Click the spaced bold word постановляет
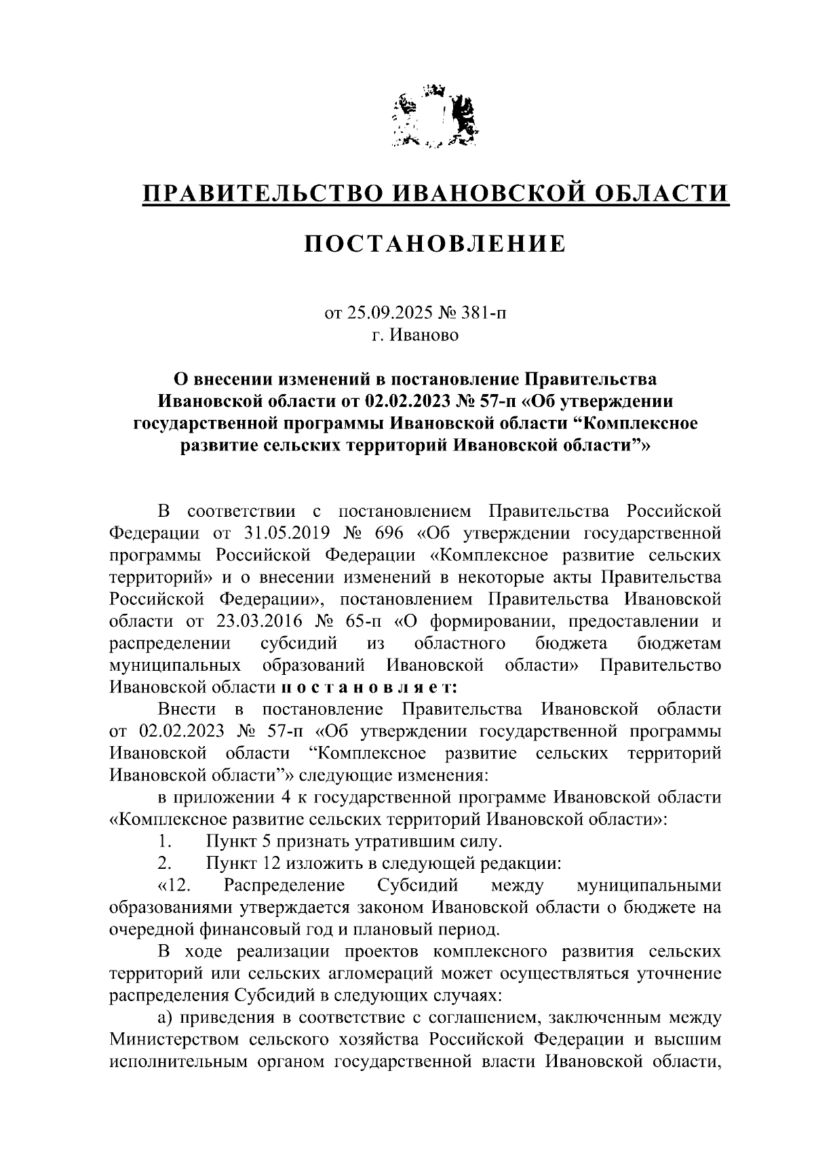point(368,687)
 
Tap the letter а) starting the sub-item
point(165,1017)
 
